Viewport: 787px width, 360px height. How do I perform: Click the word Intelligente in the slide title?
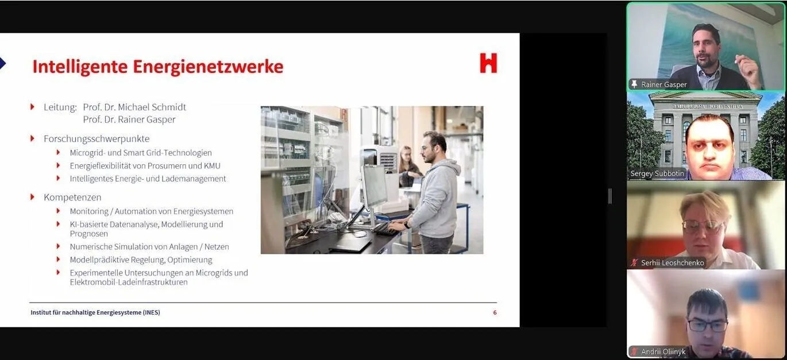click(80, 67)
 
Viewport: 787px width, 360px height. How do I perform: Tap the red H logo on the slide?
click(488, 63)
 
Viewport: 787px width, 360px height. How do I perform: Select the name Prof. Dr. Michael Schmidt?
click(134, 107)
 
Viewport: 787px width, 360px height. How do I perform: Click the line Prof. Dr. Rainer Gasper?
click(129, 120)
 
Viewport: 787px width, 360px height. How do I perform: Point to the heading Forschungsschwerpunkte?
click(97, 139)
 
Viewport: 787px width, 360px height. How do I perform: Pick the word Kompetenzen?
click(72, 198)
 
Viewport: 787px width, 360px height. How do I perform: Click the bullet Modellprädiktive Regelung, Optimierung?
click(141, 260)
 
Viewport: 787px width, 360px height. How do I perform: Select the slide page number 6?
click(495, 312)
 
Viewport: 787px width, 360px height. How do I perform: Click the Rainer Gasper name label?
click(663, 84)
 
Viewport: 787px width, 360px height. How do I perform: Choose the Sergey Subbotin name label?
click(657, 173)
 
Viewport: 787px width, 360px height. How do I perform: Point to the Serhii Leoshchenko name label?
click(673, 263)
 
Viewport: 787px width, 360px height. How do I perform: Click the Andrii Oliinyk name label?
click(663, 351)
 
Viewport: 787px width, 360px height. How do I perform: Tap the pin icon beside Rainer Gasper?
click(634, 84)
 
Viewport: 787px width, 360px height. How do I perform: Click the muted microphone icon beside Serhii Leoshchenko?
click(634, 263)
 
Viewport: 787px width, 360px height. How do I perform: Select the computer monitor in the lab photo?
click(374, 186)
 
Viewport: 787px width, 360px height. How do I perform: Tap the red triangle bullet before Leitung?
click(32, 107)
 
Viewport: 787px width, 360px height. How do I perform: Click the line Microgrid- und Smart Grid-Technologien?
click(141, 153)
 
